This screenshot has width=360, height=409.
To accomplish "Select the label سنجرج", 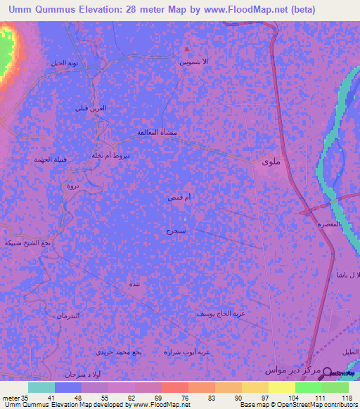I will point(176,230).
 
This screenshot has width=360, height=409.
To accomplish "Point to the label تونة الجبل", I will point(65,63).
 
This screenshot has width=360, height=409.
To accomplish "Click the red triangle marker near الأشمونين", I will point(187,49).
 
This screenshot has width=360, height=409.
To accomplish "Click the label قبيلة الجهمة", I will point(50,160).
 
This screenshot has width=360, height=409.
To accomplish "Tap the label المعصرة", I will point(329,224).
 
